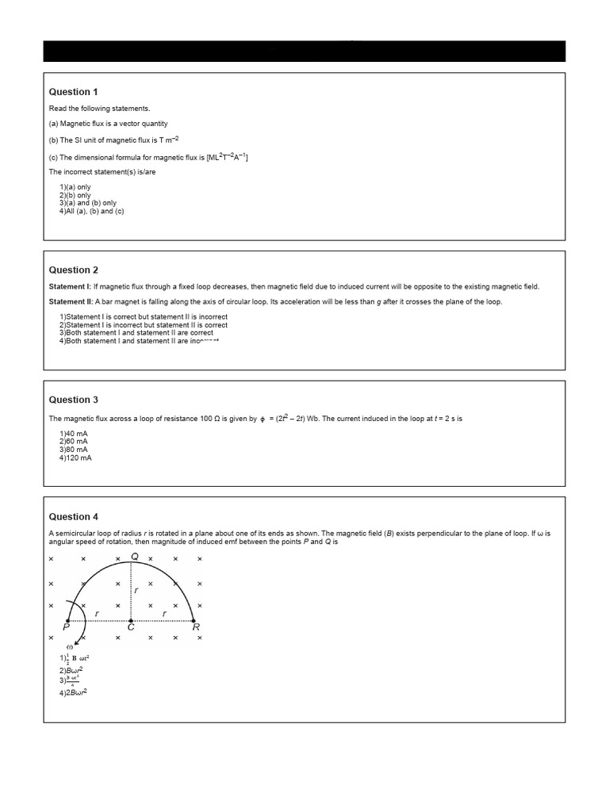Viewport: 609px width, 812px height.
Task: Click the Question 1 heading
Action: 74,92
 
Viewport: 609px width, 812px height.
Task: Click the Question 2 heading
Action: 74,270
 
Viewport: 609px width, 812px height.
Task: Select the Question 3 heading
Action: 74,400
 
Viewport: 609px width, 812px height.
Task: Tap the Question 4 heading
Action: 74,517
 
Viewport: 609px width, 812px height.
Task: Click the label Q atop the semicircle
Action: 135,557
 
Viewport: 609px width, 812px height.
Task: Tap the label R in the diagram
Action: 196,627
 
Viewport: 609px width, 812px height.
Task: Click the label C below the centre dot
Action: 131,628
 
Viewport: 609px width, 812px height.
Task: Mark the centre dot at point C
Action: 131,619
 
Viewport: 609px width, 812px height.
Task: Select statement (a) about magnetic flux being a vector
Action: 109,124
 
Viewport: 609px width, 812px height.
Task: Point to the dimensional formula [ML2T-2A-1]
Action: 228,157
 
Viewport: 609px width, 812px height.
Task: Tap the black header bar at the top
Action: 304,51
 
